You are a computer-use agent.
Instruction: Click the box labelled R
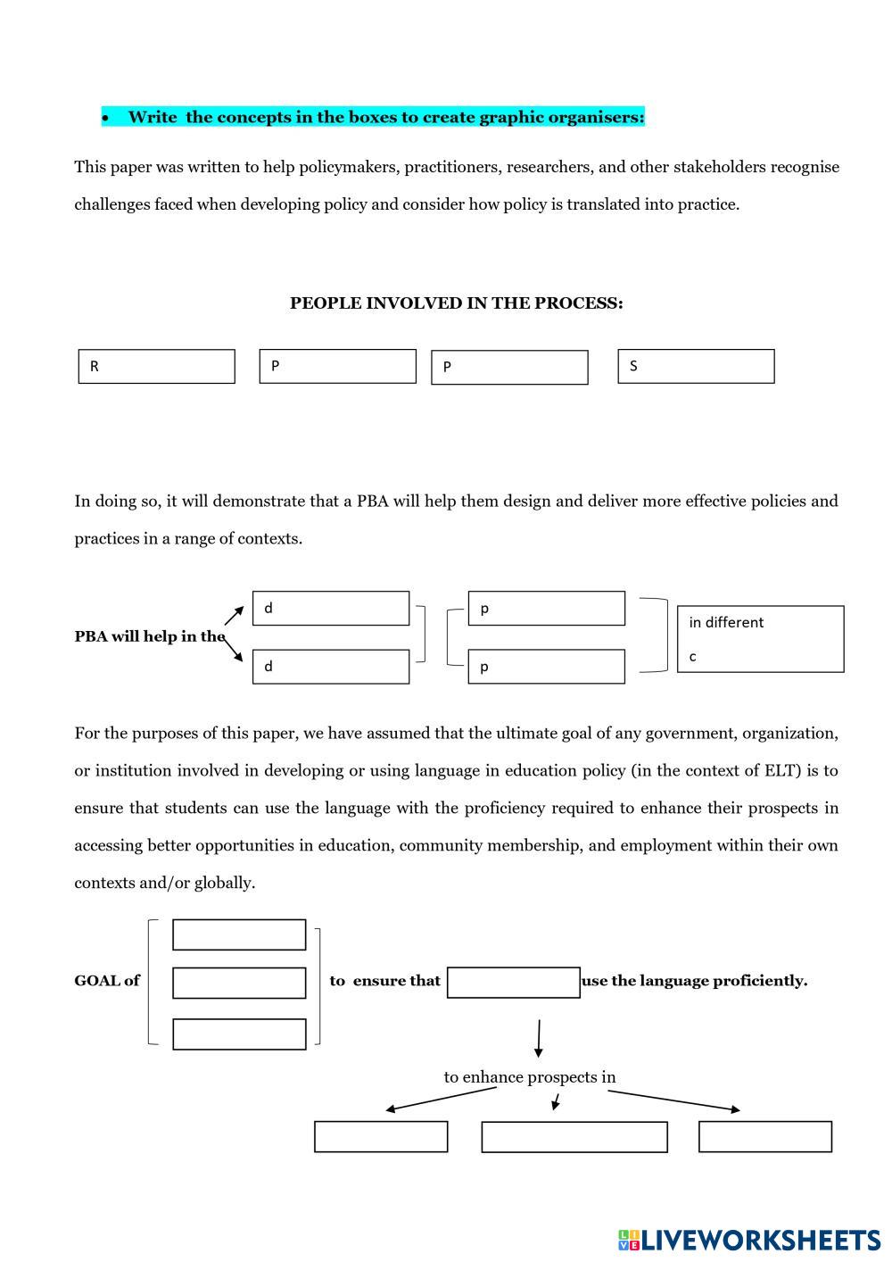tap(156, 366)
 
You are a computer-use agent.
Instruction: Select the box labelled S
tap(696, 366)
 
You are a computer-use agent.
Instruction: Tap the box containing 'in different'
tap(760, 639)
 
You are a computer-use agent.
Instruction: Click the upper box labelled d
tap(331, 608)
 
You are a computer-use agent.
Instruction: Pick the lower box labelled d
tap(331, 667)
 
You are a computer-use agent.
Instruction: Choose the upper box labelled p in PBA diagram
tap(546, 608)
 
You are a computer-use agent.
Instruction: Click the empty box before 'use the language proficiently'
tap(513, 982)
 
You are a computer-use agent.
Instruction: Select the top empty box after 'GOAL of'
tap(239, 934)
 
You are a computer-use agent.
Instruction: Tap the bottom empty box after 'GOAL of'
tap(239, 1034)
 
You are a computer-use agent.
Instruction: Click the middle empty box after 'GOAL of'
tap(239, 983)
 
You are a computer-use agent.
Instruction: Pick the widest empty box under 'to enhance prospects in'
tap(574, 1137)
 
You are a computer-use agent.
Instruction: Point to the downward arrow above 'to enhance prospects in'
tap(538, 1038)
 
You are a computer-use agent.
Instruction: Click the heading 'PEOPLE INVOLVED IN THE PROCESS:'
tap(456, 303)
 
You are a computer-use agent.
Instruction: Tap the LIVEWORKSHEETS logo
tap(748, 1240)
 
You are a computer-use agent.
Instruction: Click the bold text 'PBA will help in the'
tap(149, 636)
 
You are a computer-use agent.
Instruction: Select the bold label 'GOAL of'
tap(107, 981)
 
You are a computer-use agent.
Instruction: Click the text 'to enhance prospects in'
tap(530, 1077)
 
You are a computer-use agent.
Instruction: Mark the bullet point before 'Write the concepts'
tap(105, 118)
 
